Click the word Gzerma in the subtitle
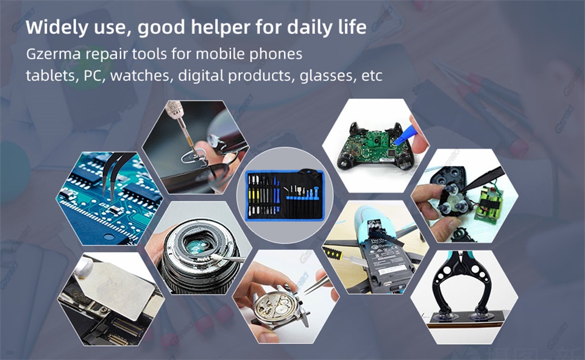coord(54,54)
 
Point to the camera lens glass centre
coord(197,245)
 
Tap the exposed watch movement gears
coord(277,305)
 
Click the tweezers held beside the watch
coord(316,284)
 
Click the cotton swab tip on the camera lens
coord(216,258)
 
